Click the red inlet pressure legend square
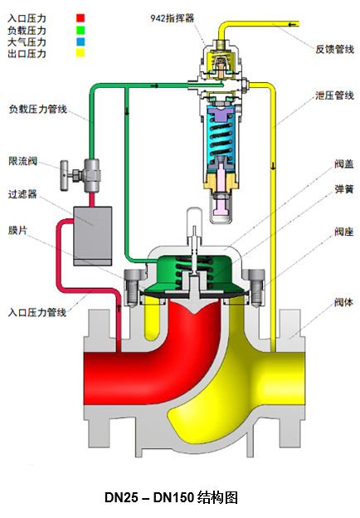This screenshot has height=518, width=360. pyautogui.click(x=80, y=17)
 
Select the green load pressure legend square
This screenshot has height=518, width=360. pyautogui.click(x=80, y=30)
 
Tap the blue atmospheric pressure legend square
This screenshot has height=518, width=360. pyautogui.click(x=80, y=42)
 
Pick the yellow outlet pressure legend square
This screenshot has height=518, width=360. pyautogui.click(x=80, y=53)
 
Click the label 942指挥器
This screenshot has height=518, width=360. pyautogui.click(x=173, y=17)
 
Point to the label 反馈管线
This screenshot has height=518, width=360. pyautogui.click(x=334, y=49)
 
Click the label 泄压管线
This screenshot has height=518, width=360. pyautogui.click(x=334, y=95)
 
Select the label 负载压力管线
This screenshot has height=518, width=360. pyautogui.click(x=38, y=109)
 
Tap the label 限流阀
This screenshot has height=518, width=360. pyautogui.click(x=22, y=161)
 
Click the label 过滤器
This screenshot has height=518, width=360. pyautogui.click(x=22, y=194)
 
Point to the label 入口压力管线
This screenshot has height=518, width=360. pyautogui.click(x=37, y=312)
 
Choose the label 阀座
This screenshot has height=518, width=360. pyautogui.click(x=344, y=232)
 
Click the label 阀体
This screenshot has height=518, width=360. pyautogui.click(x=344, y=302)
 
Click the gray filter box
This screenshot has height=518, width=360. pyautogui.click(x=92, y=236)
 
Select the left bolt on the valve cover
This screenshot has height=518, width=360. pyautogui.click(x=131, y=286)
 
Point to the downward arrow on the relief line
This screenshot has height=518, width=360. pyautogui.click(x=273, y=165)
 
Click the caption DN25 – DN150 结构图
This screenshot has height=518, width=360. pyautogui.click(x=171, y=497)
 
